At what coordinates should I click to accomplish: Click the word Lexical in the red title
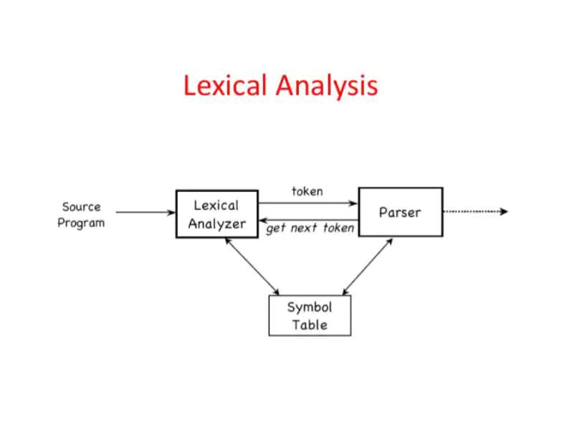[226, 86]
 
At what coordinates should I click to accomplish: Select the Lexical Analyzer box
[217, 214]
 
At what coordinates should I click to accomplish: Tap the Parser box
[401, 212]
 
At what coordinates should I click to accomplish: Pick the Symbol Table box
[310, 315]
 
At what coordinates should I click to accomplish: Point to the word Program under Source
[81, 223]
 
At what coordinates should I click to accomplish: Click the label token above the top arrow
[307, 191]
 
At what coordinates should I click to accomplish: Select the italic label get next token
[310, 229]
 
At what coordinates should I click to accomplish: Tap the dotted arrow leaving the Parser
[473, 211]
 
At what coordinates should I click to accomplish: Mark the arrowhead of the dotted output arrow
[504, 211]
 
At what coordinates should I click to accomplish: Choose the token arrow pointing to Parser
[308, 204]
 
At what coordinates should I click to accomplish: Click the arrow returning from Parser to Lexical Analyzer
[308, 219]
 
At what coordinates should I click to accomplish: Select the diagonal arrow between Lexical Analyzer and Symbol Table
[252, 267]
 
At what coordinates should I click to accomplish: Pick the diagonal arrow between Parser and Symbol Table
[368, 267]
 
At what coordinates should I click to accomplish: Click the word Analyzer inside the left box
[217, 224]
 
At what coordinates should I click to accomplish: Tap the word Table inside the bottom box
[310, 325]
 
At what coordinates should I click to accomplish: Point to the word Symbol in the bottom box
[310, 307]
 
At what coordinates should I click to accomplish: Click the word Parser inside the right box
[401, 212]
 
